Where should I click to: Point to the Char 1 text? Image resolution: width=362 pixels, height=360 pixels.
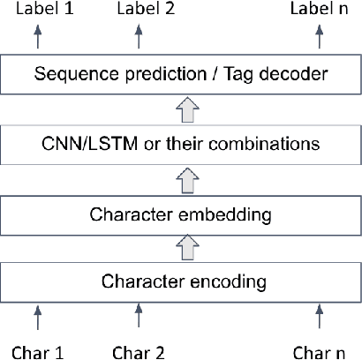(x=36, y=352)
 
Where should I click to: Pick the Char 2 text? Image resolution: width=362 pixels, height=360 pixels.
(x=138, y=352)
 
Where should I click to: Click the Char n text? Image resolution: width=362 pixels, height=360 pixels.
(x=318, y=352)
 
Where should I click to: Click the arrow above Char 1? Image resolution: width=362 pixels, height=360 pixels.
(x=37, y=316)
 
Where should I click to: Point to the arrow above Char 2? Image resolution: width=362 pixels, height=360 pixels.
(x=138, y=316)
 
